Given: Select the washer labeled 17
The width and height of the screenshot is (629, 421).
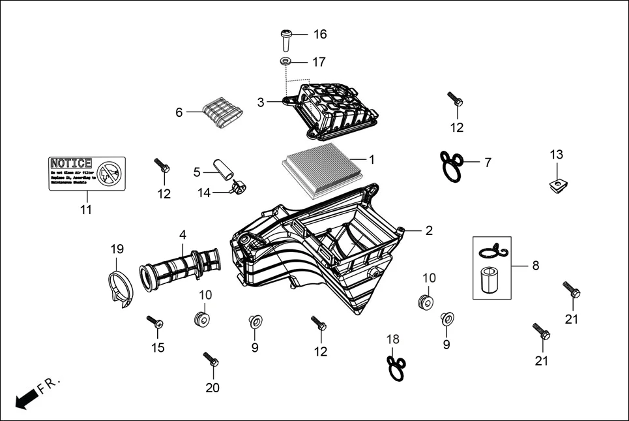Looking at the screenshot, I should (285, 62).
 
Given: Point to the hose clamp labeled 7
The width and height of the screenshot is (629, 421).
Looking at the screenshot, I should (452, 166).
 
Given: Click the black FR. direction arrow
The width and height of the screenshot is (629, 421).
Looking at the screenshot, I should (25, 399).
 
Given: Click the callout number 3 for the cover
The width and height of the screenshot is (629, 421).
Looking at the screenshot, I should (260, 102).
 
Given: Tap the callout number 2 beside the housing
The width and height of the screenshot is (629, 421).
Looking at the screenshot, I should (429, 230).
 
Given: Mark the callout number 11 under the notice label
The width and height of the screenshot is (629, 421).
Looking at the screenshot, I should (86, 210).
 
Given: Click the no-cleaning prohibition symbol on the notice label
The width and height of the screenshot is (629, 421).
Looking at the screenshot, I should (112, 172).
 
